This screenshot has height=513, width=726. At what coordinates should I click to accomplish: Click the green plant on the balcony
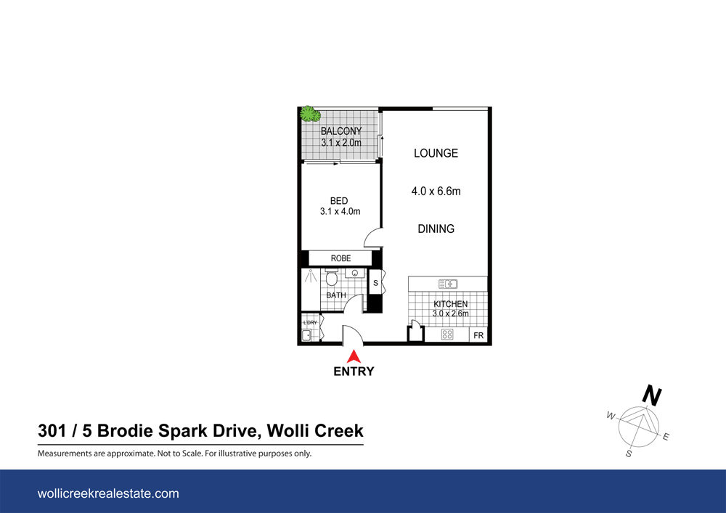tap(311, 114)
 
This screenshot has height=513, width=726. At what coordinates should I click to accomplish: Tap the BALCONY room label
tap(341, 131)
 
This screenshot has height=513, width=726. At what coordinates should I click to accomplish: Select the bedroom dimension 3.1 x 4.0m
tap(340, 212)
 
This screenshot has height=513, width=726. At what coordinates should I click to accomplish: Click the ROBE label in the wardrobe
tap(340, 258)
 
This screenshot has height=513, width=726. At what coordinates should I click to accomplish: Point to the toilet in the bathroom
tap(332, 279)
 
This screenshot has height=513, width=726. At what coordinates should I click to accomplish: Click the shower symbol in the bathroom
tap(310, 276)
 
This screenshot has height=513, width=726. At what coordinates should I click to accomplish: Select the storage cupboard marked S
tap(375, 283)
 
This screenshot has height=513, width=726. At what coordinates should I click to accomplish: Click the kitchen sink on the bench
tap(446, 284)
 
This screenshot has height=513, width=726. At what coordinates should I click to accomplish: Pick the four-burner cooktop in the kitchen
tap(447, 335)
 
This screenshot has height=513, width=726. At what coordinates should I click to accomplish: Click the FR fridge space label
tap(478, 336)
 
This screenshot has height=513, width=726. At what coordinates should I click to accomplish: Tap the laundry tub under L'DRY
tap(306, 335)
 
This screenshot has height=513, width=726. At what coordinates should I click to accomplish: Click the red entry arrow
tap(354, 356)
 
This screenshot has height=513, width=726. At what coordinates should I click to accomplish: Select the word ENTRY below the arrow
tap(354, 372)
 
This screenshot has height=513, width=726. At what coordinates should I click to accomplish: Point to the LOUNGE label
tap(436, 153)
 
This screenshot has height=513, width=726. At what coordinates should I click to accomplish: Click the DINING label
tap(436, 229)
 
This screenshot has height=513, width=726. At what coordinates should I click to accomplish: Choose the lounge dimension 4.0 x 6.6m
tap(436, 192)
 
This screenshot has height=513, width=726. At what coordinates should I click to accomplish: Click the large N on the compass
tap(652, 396)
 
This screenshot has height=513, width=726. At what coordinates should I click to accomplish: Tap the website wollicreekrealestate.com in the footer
tap(107, 493)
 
